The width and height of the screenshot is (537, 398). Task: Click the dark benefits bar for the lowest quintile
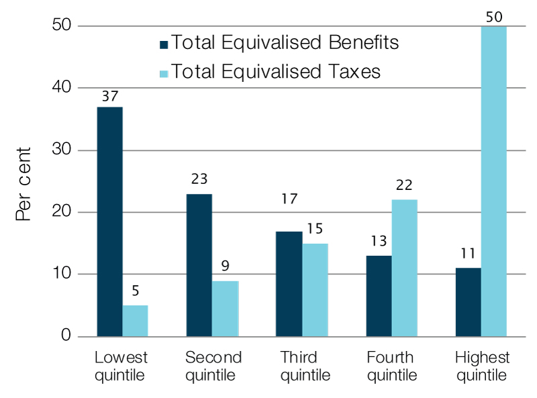coord(109,221)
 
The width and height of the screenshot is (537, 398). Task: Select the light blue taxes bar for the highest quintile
coord(493,181)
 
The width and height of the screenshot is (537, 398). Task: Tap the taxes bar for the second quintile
coord(226,308)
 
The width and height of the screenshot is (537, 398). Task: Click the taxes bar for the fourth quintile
coord(404,268)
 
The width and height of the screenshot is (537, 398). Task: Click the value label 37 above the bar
coord(110,97)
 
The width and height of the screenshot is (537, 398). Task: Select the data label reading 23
coord(199,179)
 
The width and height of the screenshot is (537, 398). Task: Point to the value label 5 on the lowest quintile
coord(135,291)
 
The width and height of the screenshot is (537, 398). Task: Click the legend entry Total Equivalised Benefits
coord(285,43)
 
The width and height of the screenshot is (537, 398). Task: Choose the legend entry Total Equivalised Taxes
coord(276,71)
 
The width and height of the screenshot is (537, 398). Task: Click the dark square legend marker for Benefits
coord(163,44)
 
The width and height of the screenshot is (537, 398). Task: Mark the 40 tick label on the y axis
coord(62,88)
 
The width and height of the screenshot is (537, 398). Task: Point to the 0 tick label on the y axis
coord(66,336)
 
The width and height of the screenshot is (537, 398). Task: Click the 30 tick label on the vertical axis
coord(62,150)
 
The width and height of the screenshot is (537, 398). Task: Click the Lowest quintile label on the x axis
coord(121,366)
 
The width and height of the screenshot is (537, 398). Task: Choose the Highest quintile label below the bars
coord(482,366)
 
